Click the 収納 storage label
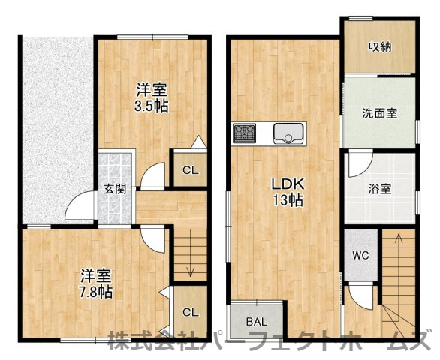pyautogui.click(x=380, y=46)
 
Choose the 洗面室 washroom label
pyautogui.click(x=379, y=114)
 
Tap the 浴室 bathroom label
pyautogui.click(x=380, y=188)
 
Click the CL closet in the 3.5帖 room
pyautogui.click(x=191, y=170)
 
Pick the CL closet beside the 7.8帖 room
pyautogui.click(x=191, y=312)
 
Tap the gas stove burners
pyautogui.click(x=245, y=133)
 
